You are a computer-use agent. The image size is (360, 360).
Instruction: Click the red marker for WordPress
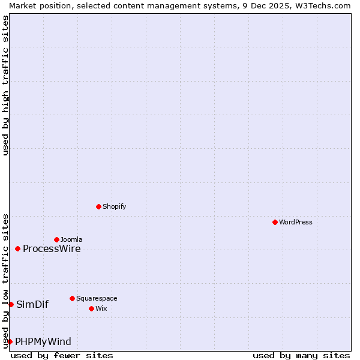pos(275,222)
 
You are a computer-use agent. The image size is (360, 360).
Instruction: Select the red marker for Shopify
pos(98,206)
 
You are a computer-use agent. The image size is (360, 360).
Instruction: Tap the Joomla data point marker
pos(56,239)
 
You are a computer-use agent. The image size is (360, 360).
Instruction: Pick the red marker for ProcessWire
pos(17,248)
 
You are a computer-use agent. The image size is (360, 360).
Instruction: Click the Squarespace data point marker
pos(72,298)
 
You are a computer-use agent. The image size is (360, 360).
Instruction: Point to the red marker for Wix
pos(91,308)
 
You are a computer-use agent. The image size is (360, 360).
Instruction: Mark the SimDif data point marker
pos(11,304)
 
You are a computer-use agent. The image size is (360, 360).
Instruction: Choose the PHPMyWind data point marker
pos(10,341)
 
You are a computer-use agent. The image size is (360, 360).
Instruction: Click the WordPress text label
pos(296,222)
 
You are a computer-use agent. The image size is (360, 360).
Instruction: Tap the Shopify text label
pos(115,206)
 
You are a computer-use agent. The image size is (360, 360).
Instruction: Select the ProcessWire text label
pos(52,249)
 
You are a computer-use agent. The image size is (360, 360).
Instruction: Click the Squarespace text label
pos(97,298)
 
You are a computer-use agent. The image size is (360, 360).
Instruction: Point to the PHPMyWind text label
pos(43,342)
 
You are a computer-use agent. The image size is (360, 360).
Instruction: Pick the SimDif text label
pos(32,304)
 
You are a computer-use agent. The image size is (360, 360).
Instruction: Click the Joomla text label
pos(71,239)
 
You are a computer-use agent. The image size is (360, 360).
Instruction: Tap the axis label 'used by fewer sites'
pos(62,355)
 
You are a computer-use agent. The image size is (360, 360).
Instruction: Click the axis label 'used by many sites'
pos(301,355)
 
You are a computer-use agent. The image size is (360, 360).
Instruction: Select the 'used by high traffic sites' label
pos(5,85)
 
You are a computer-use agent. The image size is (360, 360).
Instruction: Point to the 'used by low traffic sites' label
pos(5,280)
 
